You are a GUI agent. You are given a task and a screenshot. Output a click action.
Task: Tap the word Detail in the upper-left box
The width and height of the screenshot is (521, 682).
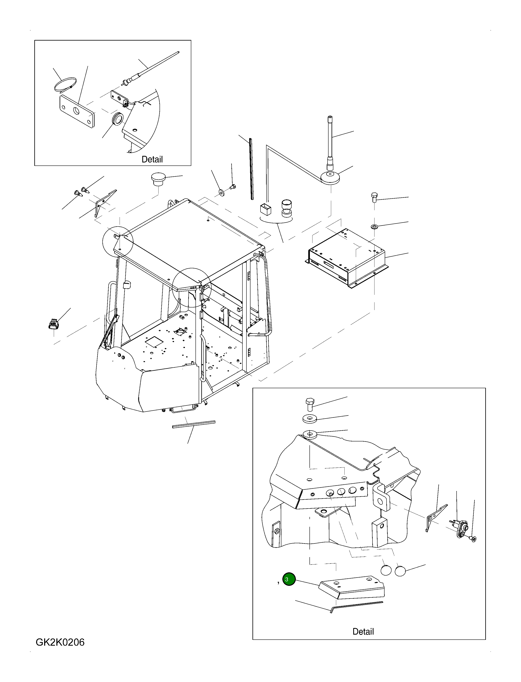[152, 159]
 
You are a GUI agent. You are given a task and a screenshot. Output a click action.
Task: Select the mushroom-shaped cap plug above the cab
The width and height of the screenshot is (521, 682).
[158, 179]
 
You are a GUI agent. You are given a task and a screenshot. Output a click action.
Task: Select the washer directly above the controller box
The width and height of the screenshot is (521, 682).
[374, 226]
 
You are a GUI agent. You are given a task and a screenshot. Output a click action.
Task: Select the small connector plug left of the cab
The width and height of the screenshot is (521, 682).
[54, 324]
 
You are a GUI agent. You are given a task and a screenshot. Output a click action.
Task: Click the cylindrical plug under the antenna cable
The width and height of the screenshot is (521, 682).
[287, 208]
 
